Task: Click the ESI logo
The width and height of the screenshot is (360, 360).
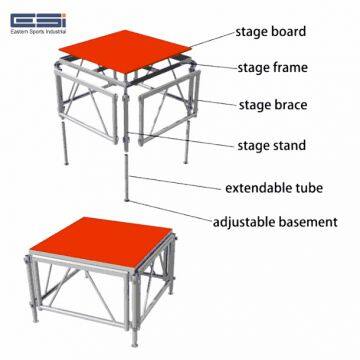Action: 38,21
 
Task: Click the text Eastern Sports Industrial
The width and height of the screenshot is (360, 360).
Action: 38,32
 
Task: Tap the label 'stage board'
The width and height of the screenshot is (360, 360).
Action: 271,32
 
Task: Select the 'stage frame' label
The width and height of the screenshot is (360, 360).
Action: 272,68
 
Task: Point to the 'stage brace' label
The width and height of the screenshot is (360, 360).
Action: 273,105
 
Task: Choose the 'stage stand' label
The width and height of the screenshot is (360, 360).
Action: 271,146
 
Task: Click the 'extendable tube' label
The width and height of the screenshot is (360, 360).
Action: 274,188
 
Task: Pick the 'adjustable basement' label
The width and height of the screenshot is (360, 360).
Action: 275,222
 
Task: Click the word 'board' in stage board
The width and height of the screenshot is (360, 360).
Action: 289,32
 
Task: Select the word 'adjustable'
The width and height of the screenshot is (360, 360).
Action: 244,222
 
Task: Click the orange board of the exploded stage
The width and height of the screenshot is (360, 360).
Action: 125,51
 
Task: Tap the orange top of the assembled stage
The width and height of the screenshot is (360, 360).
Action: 101,241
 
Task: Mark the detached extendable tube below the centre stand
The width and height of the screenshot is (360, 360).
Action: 126,178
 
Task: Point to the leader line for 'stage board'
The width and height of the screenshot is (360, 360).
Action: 212,39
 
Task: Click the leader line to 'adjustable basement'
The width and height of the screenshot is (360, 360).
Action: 170,211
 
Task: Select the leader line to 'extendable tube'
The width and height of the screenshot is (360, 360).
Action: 175,183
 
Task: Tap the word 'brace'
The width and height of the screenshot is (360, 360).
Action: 289,105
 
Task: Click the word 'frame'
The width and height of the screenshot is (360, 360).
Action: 289,68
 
